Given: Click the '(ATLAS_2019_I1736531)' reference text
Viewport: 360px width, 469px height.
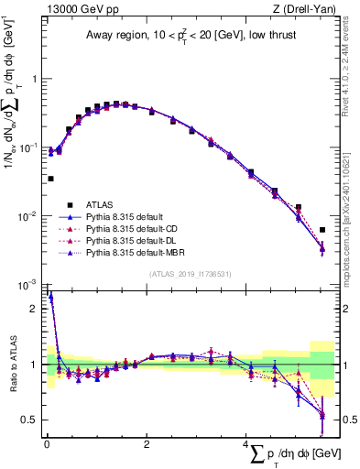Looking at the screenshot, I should point(190,274).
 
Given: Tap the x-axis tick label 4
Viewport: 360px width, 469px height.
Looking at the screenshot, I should point(246,444).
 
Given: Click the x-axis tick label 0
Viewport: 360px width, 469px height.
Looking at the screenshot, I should point(47,444).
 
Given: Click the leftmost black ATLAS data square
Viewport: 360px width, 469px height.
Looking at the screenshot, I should point(50,179).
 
